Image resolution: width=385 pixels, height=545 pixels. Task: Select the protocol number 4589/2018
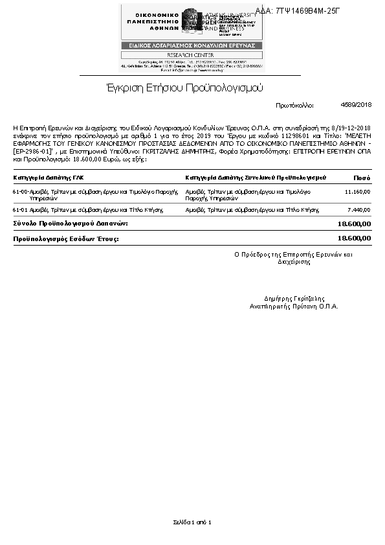click(x=356, y=104)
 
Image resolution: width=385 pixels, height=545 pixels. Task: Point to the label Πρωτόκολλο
click(x=294, y=105)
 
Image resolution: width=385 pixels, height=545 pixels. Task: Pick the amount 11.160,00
click(x=357, y=192)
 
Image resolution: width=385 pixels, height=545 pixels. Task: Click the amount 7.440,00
click(x=359, y=210)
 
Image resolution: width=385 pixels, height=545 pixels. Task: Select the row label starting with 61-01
click(x=87, y=210)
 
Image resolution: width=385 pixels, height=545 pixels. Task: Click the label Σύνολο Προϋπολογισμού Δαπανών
click(x=71, y=223)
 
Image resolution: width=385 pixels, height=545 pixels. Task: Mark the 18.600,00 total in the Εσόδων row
click(x=354, y=238)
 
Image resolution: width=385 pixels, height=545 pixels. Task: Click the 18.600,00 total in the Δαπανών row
click(x=354, y=224)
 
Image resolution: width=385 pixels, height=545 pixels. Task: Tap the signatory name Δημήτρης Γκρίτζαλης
click(x=294, y=299)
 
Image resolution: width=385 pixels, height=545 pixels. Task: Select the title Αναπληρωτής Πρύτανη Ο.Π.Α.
click(x=294, y=306)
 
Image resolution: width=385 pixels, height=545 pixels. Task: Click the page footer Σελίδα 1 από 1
click(x=192, y=522)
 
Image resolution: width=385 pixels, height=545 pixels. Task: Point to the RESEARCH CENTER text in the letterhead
click(x=192, y=55)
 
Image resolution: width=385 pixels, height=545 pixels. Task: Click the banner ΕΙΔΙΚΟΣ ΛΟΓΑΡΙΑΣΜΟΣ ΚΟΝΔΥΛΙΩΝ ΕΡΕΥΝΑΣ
click(x=192, y=45)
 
